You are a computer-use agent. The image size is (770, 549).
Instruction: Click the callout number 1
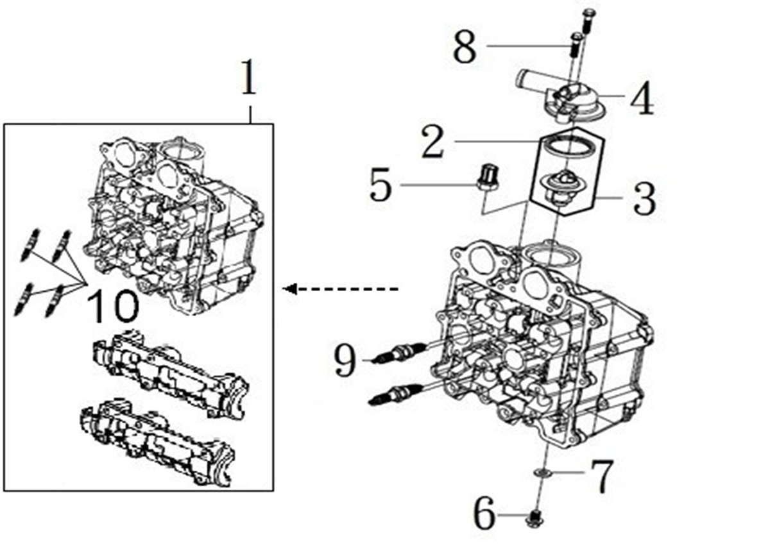[249, 77]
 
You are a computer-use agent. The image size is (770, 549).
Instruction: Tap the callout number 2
[432, 142]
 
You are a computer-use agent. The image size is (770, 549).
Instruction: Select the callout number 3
[644, 199]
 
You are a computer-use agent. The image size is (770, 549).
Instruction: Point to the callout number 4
[642, 98]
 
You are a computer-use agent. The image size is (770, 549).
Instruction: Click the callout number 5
[381, 185]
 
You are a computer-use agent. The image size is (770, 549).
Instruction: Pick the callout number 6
[484, 513]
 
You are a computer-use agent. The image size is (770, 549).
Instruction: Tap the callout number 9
[345, 360]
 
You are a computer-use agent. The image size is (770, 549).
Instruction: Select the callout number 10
[114, 305]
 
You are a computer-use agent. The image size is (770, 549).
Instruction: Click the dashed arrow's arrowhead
[289, 289]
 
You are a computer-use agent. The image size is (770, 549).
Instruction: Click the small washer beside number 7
[543, 473]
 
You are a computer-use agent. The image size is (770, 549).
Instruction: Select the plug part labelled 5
[488, 177]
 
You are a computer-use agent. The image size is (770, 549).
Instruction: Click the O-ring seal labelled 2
[565, 146]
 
